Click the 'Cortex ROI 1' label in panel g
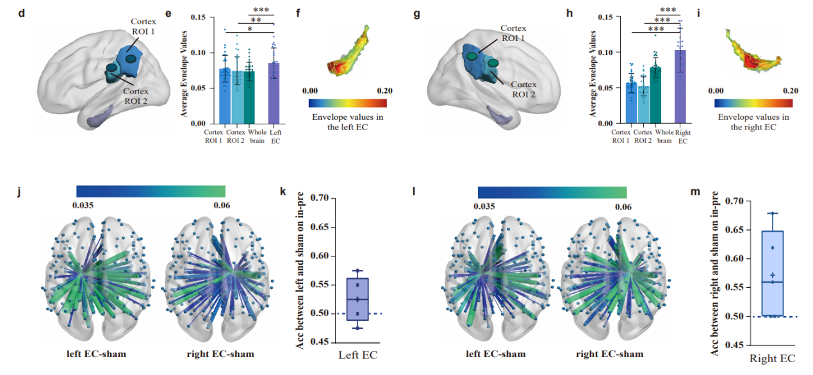[513, 33]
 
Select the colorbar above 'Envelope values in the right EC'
[754, 103]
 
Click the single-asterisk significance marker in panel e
[250, 29]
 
